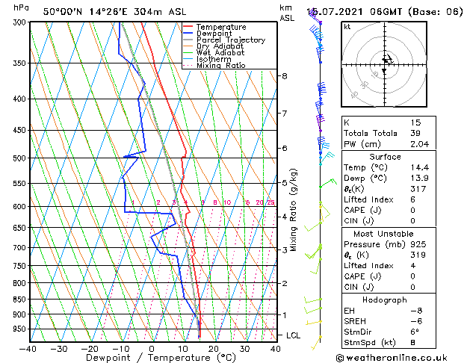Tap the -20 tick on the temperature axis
tap(90, 348)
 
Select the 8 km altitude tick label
tap(285, 76)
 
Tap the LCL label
tap(293, 335)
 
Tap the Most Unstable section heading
tap(385, 233)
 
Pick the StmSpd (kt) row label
tap(371, 343)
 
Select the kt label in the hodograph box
tap(347, 26)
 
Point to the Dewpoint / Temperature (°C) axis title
tap(152, 358)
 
